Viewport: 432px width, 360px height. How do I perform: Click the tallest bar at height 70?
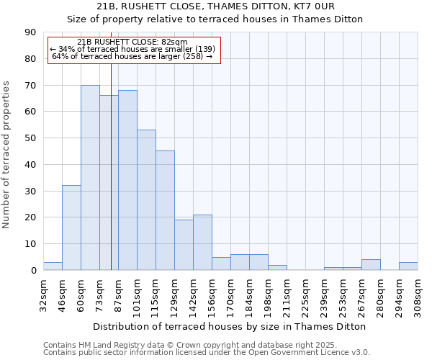90,177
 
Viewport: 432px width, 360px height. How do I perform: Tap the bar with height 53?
146,199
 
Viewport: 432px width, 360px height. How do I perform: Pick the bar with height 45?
165,210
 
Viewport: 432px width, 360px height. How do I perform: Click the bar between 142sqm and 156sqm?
202,242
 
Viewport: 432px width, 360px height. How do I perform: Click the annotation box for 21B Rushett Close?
133,50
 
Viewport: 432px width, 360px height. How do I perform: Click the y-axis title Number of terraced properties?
7,155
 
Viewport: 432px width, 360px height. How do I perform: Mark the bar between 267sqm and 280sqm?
371,265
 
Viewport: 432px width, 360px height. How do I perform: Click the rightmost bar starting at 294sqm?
408,266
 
